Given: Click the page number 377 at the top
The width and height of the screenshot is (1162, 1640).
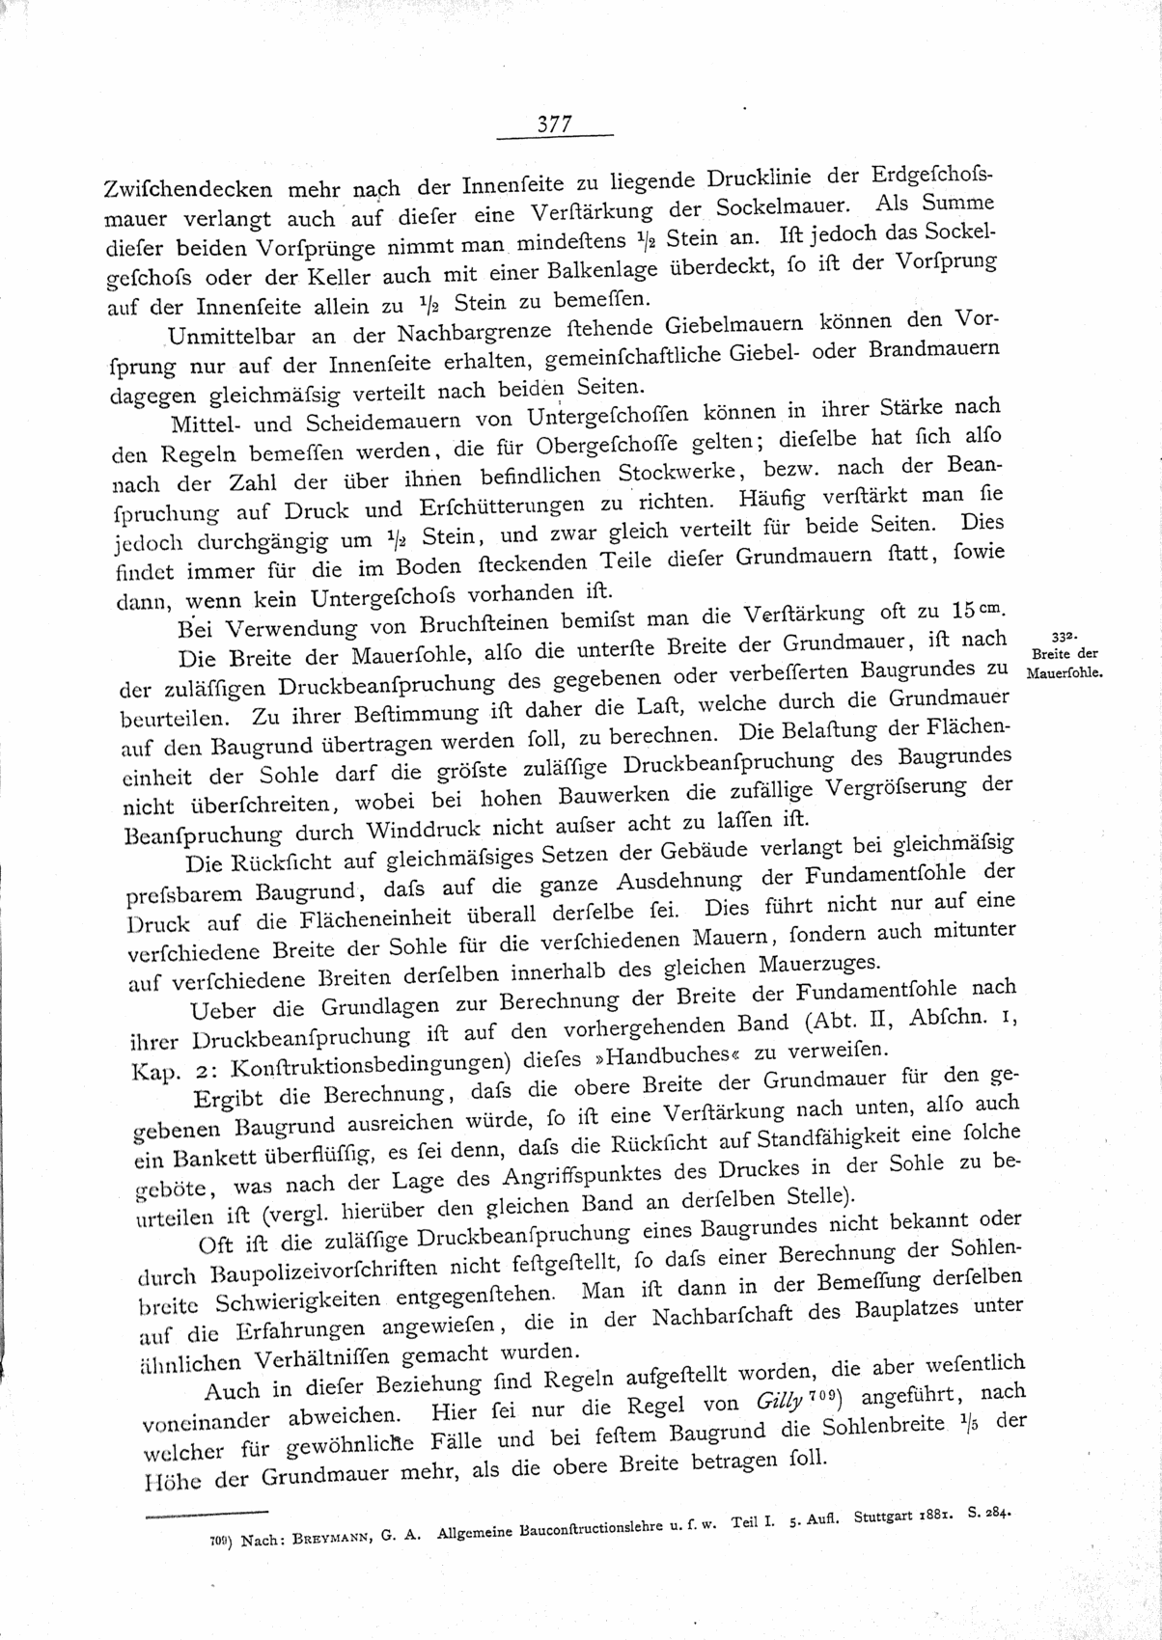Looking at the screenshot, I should click(555, 124).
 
